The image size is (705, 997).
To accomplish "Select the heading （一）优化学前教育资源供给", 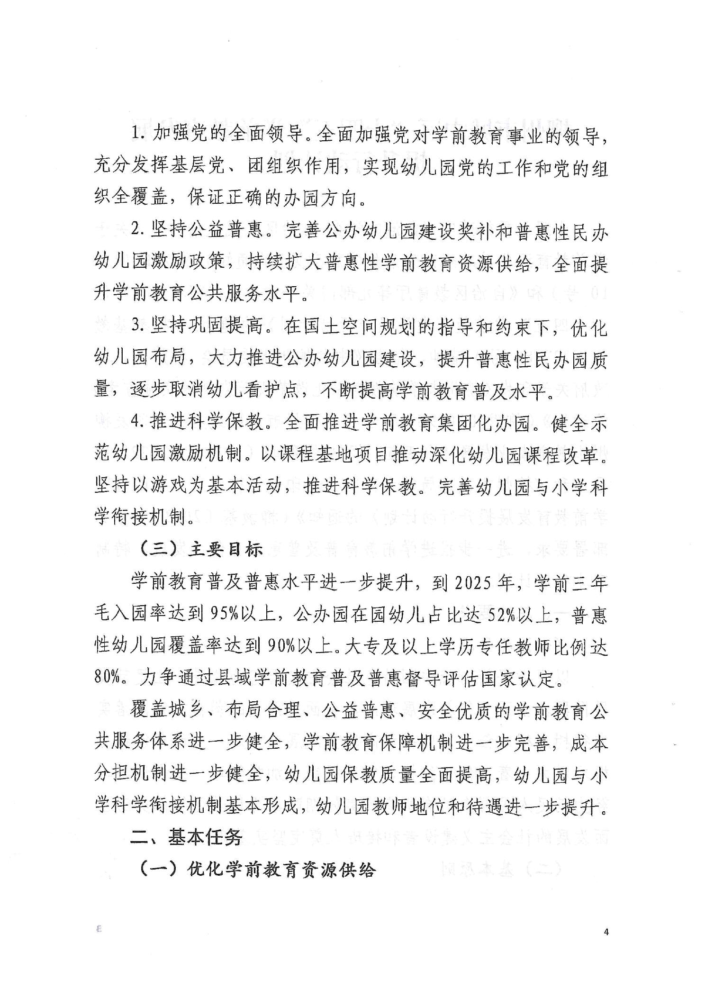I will [258, 870].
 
